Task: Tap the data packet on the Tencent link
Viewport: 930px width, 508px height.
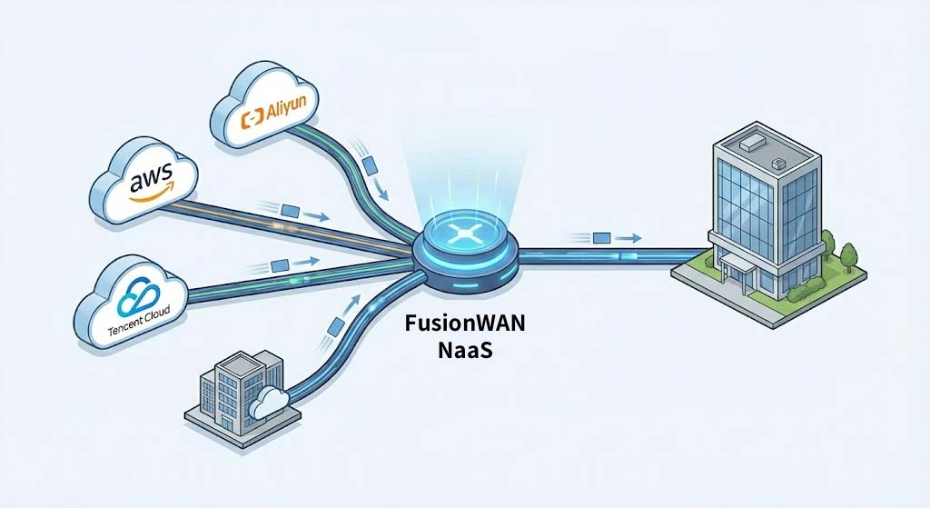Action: click(282, 264)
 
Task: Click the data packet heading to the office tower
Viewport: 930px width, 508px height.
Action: click(601, 238)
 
